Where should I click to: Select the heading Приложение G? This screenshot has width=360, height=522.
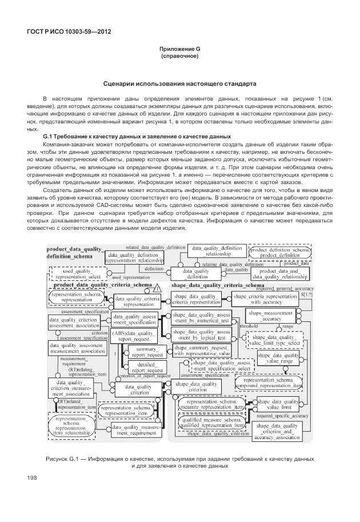coord(179,50)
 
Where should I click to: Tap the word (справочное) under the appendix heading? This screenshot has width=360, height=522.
coord(179,57)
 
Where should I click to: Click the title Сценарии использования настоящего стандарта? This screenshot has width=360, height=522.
coord(179,83)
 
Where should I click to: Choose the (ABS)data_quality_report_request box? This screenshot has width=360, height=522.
coord(134,336)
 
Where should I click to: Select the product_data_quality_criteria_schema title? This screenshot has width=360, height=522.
coord(103,285)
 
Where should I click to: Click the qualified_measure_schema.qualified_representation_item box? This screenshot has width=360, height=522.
coord(212,423)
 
